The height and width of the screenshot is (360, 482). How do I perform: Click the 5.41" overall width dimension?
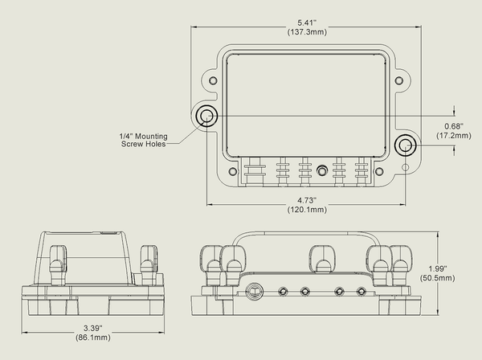point(305,22)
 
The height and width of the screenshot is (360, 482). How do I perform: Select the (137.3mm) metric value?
point(305,32)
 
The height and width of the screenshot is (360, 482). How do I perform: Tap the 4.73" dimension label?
point(305,200)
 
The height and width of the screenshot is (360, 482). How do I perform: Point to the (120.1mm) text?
point(305,210)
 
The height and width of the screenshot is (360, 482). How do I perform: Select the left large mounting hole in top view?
point(206,116)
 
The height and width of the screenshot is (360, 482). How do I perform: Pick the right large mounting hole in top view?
point(405,145)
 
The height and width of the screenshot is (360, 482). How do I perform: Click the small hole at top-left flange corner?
point(211,80)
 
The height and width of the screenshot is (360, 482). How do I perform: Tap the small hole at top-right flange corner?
point(399,80)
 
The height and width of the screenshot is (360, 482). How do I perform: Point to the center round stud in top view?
point(321,170)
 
